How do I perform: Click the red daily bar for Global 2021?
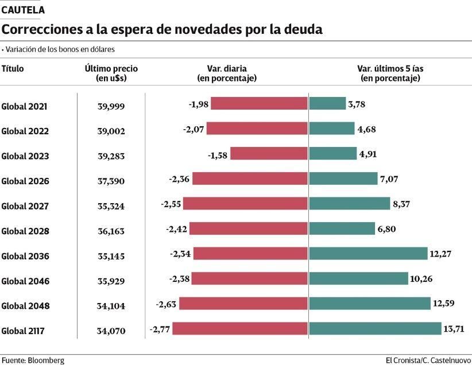click(x=259, y=103)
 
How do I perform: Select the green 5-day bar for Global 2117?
click(x=374, y=329)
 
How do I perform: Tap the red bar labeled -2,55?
click(x=245, y=204)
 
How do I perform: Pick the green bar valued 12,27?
click(x=368, y=254)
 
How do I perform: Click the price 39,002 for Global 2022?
click(x=111, y=131)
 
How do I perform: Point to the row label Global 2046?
click(x=25, y=281)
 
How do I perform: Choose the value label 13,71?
click(x=454, y=329)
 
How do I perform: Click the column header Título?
click(x=13, y=68)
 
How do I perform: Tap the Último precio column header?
click(x=111, y=72)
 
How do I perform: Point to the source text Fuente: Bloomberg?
click(x=33, y=360)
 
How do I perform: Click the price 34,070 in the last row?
click(x=111, y=331)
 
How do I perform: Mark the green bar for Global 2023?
click(x=332, y=153)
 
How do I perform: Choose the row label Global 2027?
click(x=25, y=206)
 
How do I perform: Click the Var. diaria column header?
click(x=227, y=72)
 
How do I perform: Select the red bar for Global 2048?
click(x=242, y=304)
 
